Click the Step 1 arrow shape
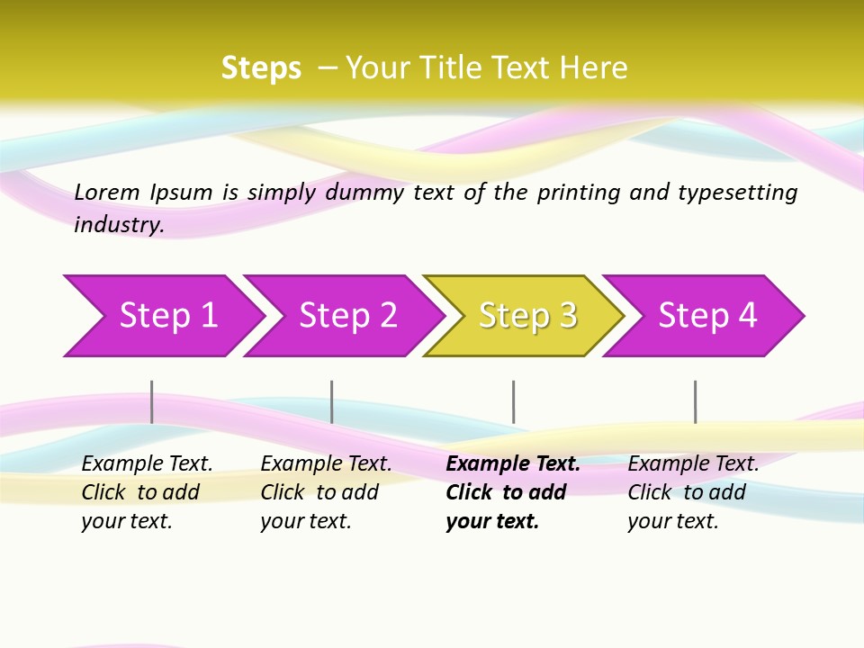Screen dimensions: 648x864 click(x=162, y=316)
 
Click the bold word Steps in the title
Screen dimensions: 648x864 click(x=261, y=68)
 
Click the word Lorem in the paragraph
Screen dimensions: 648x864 click(x=107, y=192)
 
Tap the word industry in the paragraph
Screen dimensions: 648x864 click(x=118, y=224)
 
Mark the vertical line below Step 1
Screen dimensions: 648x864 click(x=152, y=401)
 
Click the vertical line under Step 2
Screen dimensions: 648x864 click(x=332, y=401)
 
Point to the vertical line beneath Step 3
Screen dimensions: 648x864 click(x=514, y=401)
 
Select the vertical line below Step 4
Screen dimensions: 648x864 click(x=696, y=401)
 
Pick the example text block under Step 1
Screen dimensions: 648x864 click(x=146, y=492)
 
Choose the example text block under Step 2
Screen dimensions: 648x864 click(x=325, y=492)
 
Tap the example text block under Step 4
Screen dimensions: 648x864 click(x=692, y=492)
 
